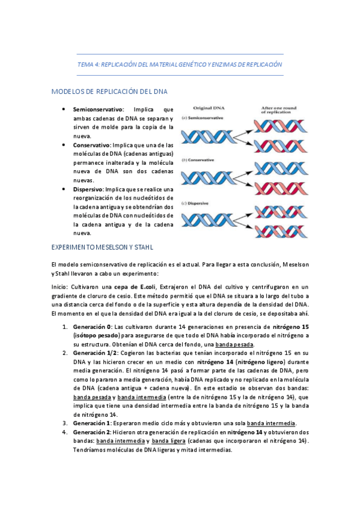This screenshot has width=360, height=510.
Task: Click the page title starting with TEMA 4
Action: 180,64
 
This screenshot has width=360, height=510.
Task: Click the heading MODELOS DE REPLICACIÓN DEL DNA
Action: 109,91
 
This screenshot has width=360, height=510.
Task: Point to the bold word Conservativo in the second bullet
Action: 91,145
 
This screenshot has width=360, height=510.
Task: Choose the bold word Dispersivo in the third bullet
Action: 88,189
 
